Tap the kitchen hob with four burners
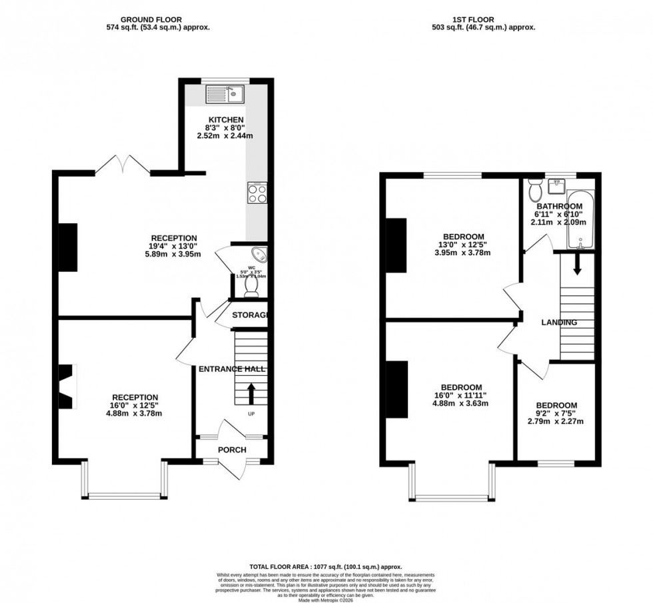point(257,193)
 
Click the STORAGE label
point(249,314)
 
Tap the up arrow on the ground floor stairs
point(251,392)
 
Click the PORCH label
point(232,450)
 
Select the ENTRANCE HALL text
point(232,368)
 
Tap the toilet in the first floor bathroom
point(534,191)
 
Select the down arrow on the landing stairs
point(577,265)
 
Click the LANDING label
point(558,322)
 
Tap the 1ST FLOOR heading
point(484,20)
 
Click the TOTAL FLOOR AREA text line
point(326,566)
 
